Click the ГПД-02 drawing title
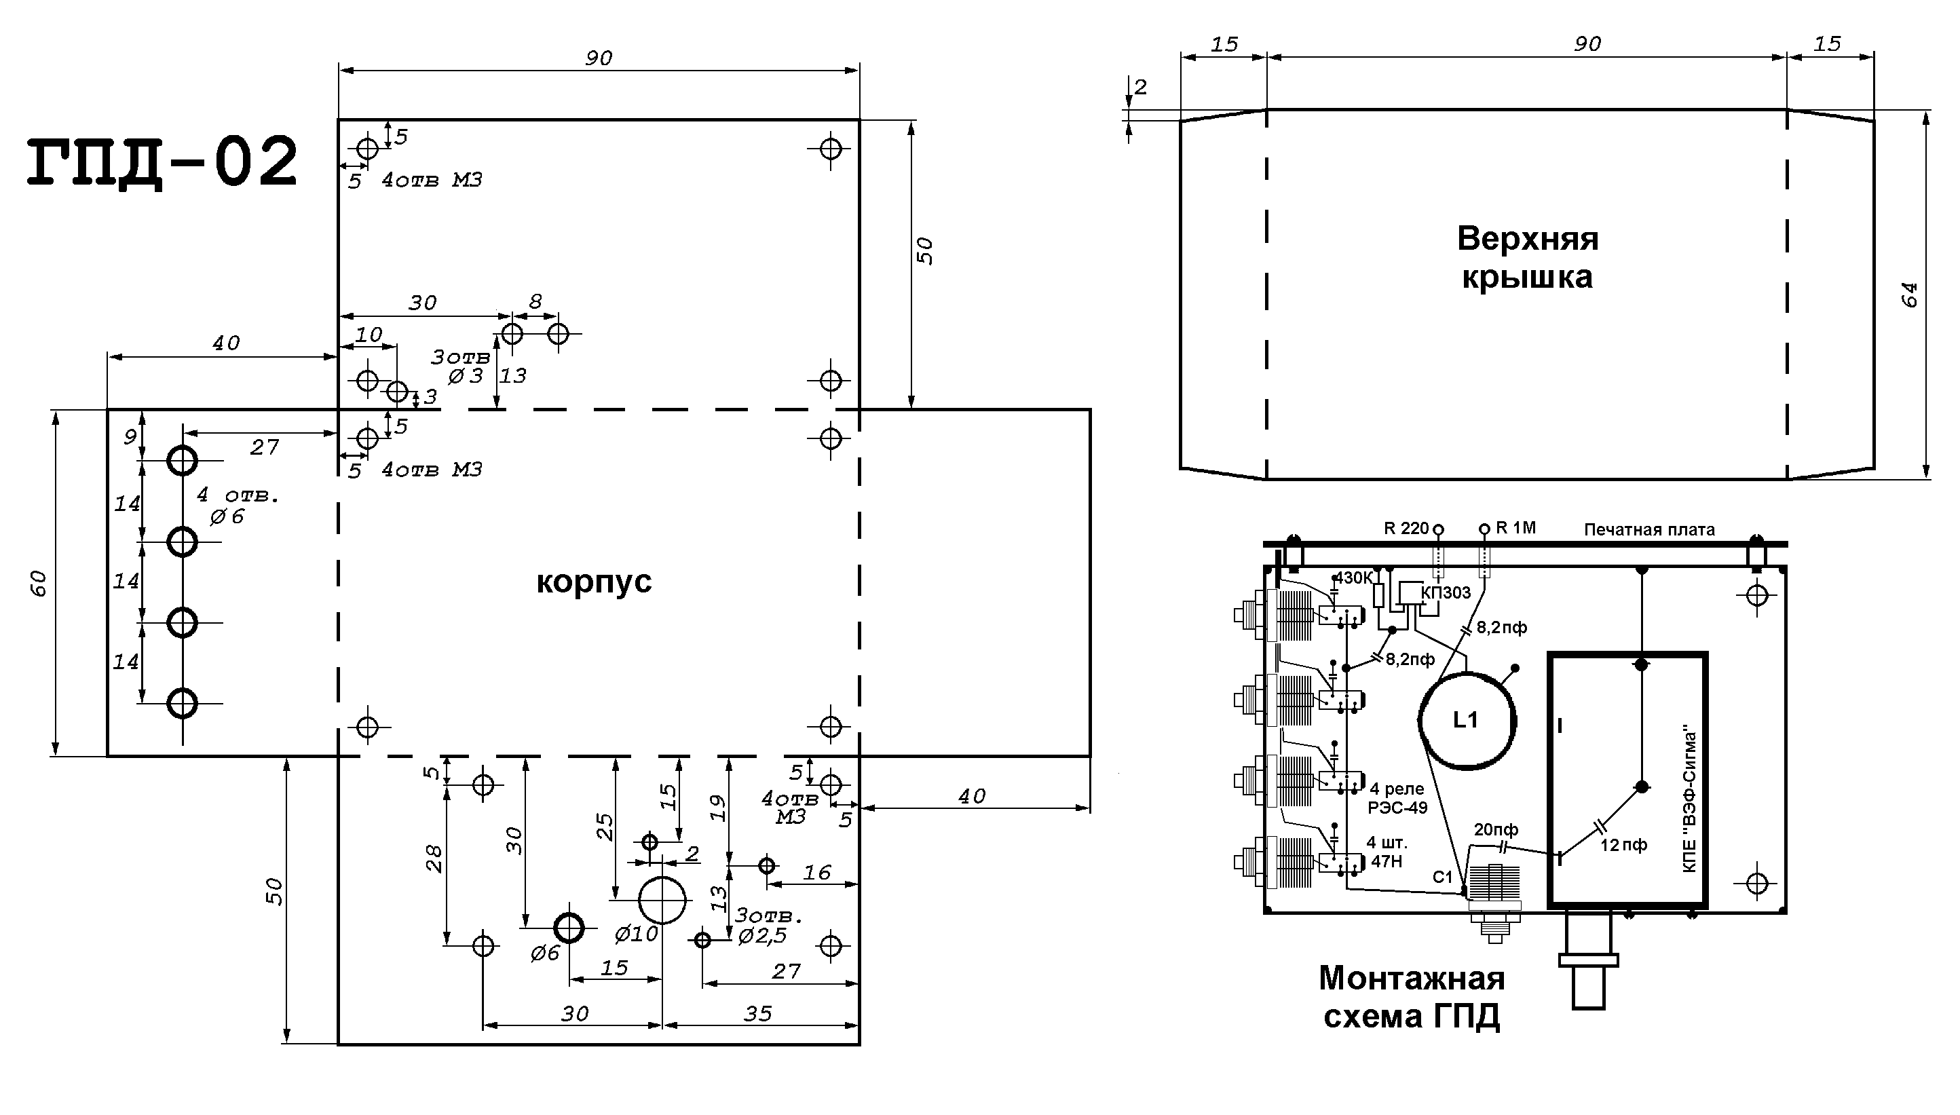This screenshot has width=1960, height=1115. tap(162, 162)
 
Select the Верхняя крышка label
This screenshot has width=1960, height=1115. tap(1528, 257)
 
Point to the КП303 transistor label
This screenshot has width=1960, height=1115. tap(1446, 592)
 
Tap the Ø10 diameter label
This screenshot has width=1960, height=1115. tap(636, 934)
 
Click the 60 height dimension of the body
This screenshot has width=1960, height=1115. tap(40, 584)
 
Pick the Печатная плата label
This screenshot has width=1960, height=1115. tap(1649, 529)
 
